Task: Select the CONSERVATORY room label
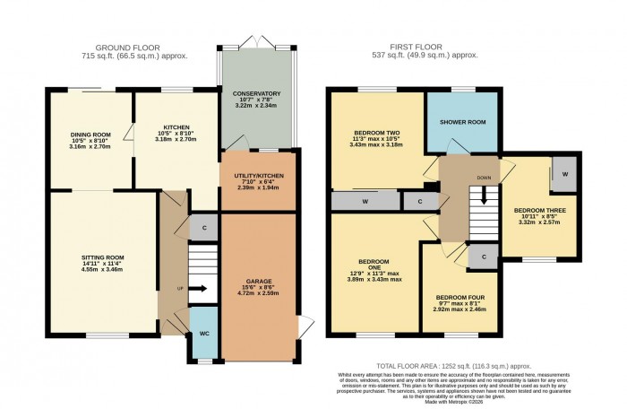click(x=256, y=93)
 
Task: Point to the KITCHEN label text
click(x=175, y=127)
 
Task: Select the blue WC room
click(x=203, y=333)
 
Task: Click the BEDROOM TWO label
click(x=375, y=133)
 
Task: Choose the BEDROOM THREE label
click(x=540, y=213)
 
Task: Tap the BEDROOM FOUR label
click(x=462, y=297)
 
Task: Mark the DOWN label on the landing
click(x=485, y=178)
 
